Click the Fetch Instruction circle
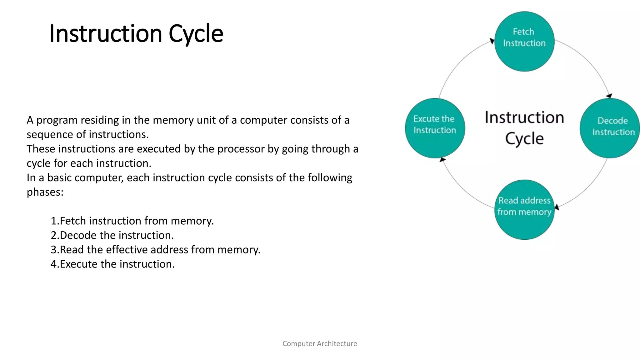[x=524, y=42]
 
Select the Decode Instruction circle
[x=609, y=128]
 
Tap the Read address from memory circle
[x=524, y=210]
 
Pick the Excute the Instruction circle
[x=435, y=128]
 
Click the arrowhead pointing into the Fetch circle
[x=492, y=41]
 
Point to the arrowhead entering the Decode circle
[x=609, y=96]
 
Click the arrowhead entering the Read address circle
[x=557, y=207]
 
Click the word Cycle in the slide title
[x=196, y=34]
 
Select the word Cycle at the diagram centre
[x=524, y=138]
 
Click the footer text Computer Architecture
[x=320, y=343]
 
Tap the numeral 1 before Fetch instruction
[x=54, y=221]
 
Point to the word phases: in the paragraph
[x=45, y=192]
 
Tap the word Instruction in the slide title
[x=106, y=34]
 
